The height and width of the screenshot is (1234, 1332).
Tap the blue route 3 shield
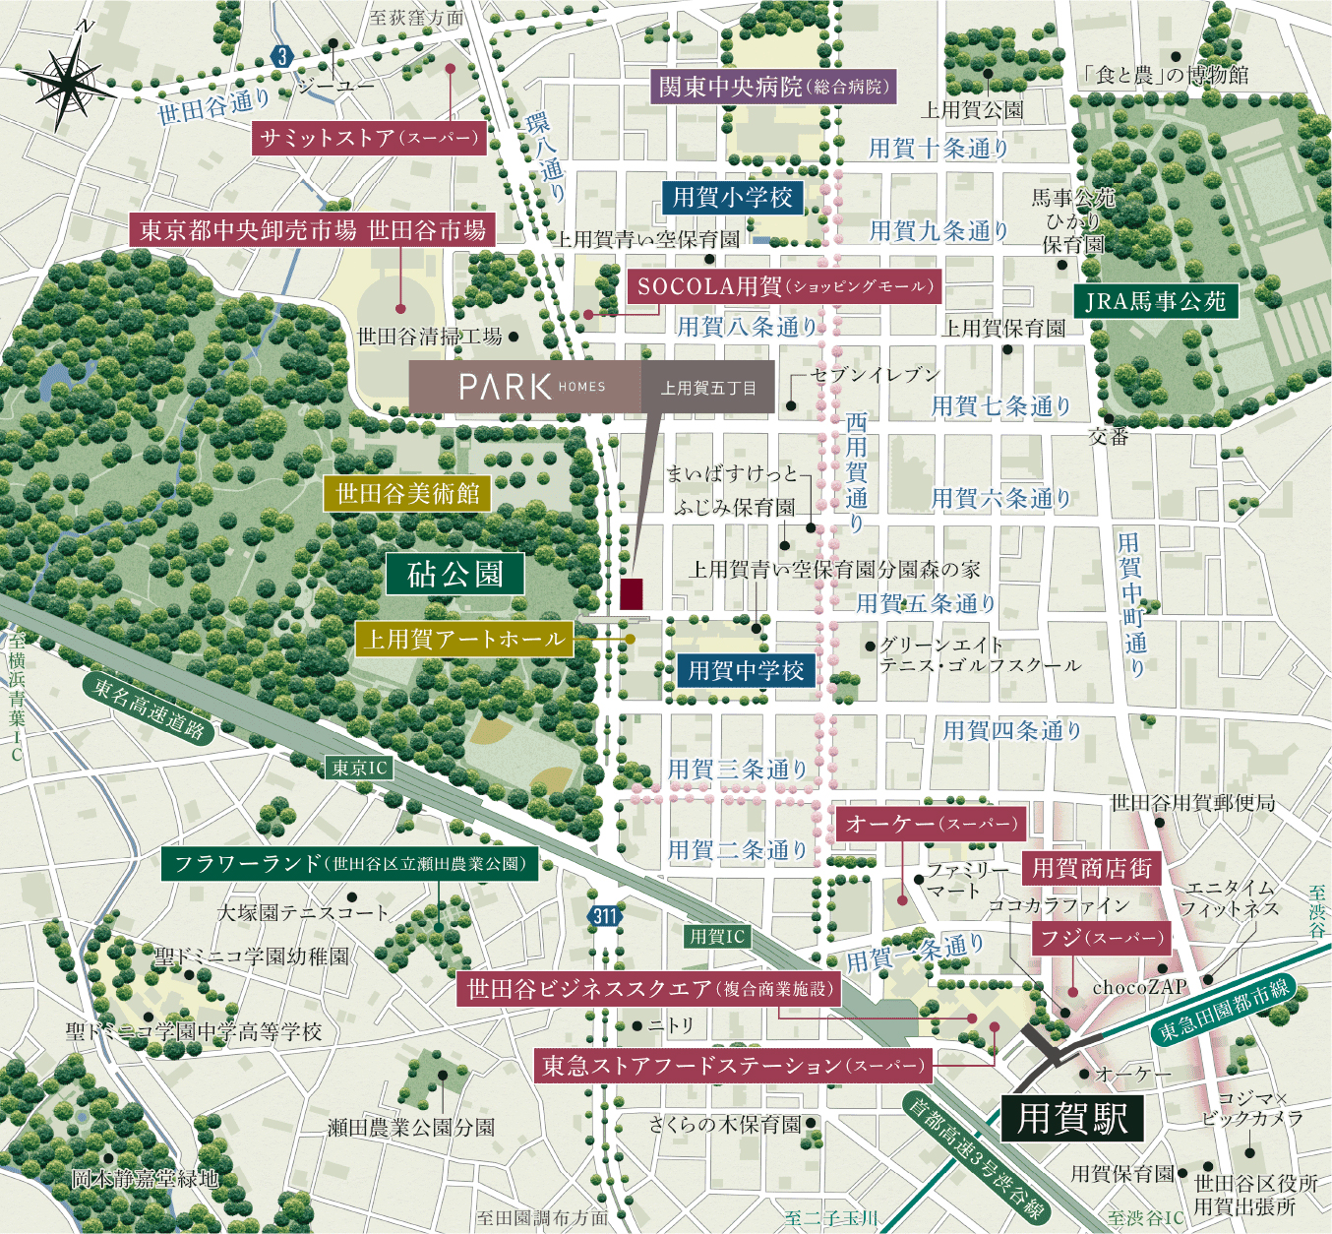click(x=283, y=56)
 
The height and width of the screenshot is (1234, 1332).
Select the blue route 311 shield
click(x=604, y=916)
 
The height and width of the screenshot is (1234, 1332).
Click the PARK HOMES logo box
click(x=524, y=387)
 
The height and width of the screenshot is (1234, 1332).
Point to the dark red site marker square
click(x=632, y=594)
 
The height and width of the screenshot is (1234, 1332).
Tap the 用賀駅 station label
click(x=1072, y=1119)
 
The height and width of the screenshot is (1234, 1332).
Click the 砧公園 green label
click(x=454, y=574)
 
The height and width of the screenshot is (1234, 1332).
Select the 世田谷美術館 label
click(x=407, y=493)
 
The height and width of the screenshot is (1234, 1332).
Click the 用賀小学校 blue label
click(x=733, y=197)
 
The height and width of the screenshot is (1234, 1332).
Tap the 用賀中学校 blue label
click(x=746, y=671)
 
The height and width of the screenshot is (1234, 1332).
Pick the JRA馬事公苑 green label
click(x=1155, y=301)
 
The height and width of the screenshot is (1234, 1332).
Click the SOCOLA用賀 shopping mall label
click(x=783, y=286)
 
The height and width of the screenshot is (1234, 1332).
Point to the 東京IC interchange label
click(x=359, y=768)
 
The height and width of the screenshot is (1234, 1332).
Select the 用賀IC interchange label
click(x=717, y=937)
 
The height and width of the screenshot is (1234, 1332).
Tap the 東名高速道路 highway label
click(x=149, y=708)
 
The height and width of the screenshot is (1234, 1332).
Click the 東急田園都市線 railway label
click(x=1223, y=1011)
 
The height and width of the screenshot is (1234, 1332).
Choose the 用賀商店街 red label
click(x=1091, y=868)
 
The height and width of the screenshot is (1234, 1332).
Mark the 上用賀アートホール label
click(x=463, y=640)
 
